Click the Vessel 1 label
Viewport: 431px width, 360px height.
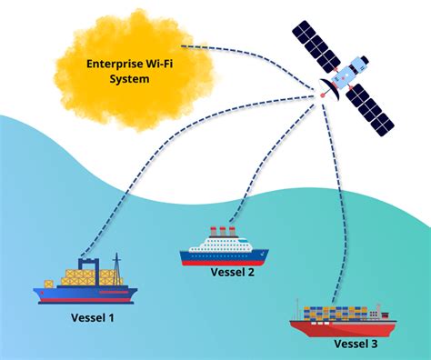[93, 317]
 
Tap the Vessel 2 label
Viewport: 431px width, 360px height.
[233, 272]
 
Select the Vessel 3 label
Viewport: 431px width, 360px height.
[356, 344]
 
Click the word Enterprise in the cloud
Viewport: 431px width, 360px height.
[115, 65]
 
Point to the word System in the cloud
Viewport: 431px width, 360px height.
[129, 79]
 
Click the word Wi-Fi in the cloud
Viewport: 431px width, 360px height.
[160, 64]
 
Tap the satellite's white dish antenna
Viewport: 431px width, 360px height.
[331, 88]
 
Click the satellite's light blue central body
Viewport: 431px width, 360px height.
[350, 72]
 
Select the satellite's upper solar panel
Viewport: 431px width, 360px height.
[316, 46]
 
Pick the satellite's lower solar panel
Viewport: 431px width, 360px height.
[370, 110]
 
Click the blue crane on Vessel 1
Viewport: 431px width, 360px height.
[88, 271]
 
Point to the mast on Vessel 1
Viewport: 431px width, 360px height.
[116, 269]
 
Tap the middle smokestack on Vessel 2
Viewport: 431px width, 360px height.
[223, 232]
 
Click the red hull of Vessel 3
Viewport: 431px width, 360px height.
[343, 328]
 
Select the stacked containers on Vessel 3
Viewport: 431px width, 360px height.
[336, 314]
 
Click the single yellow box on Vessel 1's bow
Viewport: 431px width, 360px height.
[49, 285]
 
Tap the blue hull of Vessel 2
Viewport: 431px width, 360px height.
[224, 257]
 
